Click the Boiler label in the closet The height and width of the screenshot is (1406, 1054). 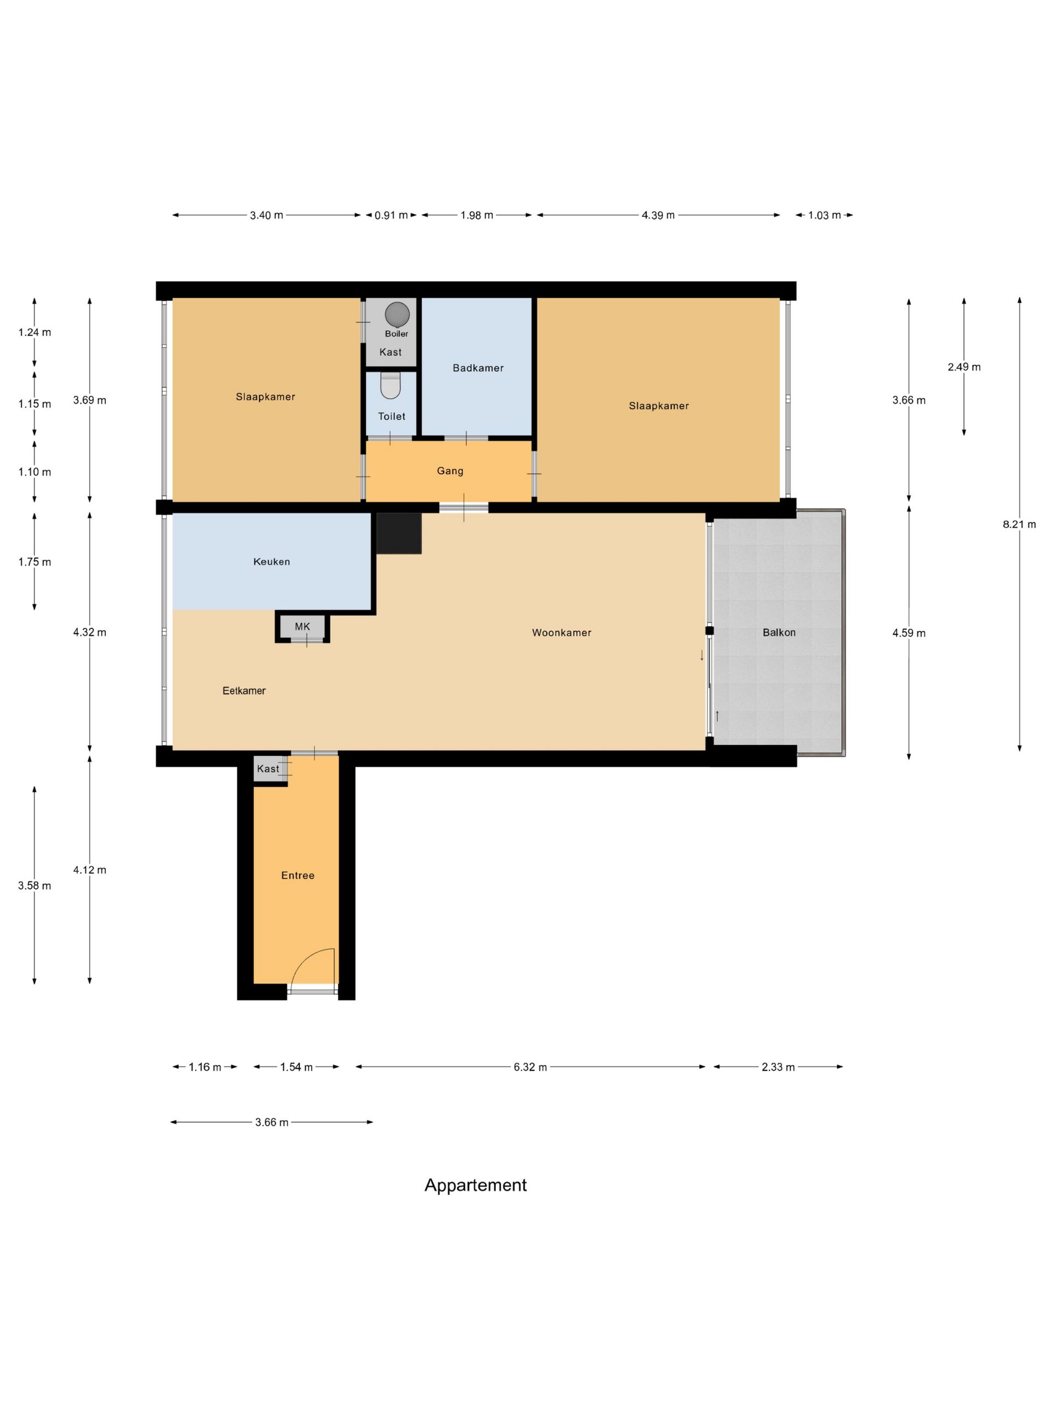[397, 334]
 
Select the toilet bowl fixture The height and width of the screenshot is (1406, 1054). [390, 385]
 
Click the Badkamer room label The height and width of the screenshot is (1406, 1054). [478, 368]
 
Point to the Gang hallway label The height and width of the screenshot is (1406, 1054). [450, 471]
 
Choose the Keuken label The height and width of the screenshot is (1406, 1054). [272, 562]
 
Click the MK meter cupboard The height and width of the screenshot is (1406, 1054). [303, 627]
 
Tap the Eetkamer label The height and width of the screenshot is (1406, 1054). [244, 691]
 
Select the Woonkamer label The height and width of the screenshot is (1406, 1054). [562, 632]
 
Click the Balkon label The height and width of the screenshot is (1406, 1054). [779, 632]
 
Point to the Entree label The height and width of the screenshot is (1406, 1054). [297, 876]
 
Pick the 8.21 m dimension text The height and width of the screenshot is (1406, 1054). [1019, 524]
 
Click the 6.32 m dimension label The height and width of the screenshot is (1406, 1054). [530, 1067]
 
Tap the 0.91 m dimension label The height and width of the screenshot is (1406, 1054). [390, 215]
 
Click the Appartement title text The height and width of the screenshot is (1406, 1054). [475, 1186]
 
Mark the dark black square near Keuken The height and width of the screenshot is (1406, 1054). [399, 533]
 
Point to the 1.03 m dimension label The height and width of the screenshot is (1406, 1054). [824, 215]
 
